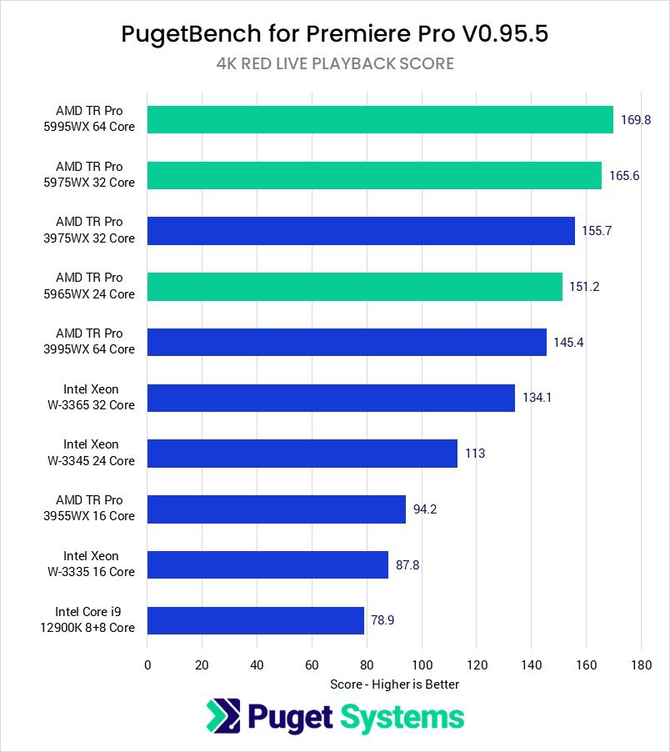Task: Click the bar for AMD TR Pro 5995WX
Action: pyautogui.click(x=380, y=119)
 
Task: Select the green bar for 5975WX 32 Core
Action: pyautogui.click(x=374, y=175)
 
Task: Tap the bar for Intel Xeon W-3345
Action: pyautogui.click(x=302, y=454)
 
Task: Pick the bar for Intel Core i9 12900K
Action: pyautogui.click(x=256, y=620)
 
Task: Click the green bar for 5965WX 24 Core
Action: pyautogui.click(x=355, y=287)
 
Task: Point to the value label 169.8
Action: pyautogui.click(x=636, y=119)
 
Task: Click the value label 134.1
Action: pyautogui.click(x=537, y=398)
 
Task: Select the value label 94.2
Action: pyautogui.click(x=425, y=509)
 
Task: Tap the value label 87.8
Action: pyautogui.click(x=407, y=564)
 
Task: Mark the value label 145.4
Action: pyautogui.click(x=568, y=342)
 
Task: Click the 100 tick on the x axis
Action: pyautogui.click(x=422, y=665)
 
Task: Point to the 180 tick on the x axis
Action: pyautogui.click(x=641, y=665)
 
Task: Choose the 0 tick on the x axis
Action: pyautogui.click(x=147, y=665)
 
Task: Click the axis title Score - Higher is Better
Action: pyautogui.click(x=394, y=684)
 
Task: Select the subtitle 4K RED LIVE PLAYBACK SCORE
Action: pyautogui.click(x=335, y=63)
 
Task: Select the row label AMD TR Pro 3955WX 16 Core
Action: pyautogui.click(x=95, y=509)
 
